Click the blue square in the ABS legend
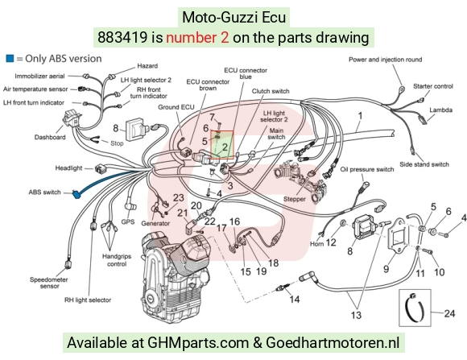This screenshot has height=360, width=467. coord(10,59)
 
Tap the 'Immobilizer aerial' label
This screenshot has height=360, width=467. coord(39,77)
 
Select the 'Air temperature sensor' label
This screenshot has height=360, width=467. coord(35,89)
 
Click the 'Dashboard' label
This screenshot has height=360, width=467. coord(50,137)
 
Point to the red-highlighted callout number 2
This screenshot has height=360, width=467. coord(225,147)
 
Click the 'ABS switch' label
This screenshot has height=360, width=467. coord(44,192)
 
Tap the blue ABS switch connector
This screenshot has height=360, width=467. coord(76,195)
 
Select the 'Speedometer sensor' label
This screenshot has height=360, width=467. coord(49,283)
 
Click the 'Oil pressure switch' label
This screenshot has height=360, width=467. coord(367,170)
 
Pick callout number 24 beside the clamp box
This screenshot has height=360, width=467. coord(449,313)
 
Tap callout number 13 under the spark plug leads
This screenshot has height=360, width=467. coord(356,315)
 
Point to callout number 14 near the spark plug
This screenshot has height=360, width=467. coord(295,299)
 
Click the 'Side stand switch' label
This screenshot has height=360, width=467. coord(424,164)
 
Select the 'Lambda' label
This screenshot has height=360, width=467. coord(440,110)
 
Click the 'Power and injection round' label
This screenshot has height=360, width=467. coord(386,60)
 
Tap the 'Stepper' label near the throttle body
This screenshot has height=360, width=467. coord(294,199)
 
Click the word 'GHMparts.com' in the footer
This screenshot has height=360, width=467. coord(198,342)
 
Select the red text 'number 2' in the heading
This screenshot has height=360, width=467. coord(197,38)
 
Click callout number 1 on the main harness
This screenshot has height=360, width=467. coord(360,116)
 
